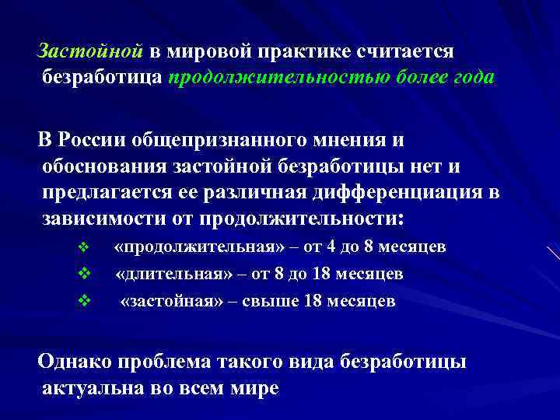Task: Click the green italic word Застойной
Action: (91, 51)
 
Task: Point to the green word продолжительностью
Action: (285, 78)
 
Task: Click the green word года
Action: (470, 78)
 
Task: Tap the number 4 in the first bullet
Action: (334, 248)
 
